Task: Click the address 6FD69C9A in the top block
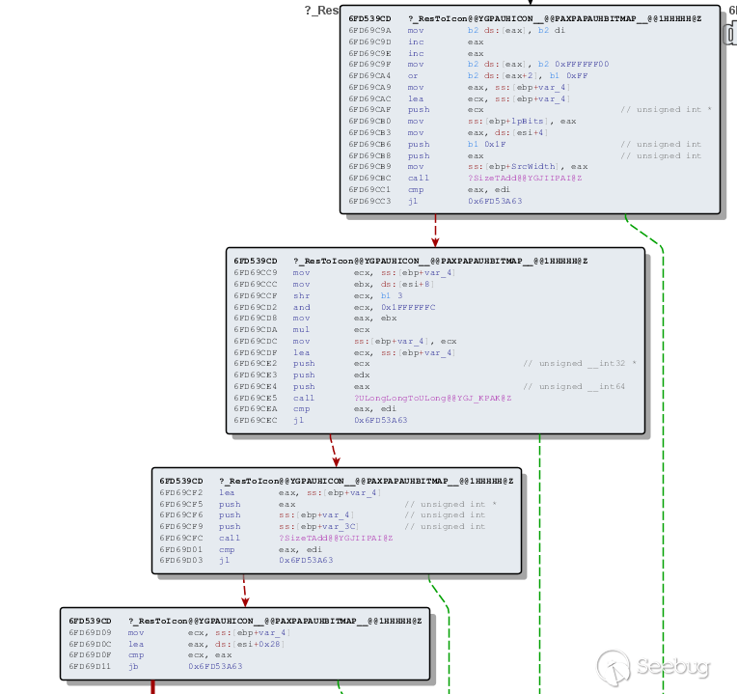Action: (x=369, y=30)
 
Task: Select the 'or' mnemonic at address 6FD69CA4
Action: (x=413, y=75)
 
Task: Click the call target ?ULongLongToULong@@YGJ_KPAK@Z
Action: (x=432, y=398)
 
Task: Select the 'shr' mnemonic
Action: (x=301, y=295)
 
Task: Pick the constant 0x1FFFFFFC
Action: (x=395, y=307)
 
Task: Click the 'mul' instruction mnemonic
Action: (x=301, y=329)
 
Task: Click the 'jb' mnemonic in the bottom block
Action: (x=133, y=666)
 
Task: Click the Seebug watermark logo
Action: (x=614, y=667)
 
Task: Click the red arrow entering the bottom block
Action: (x=246, y=592)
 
